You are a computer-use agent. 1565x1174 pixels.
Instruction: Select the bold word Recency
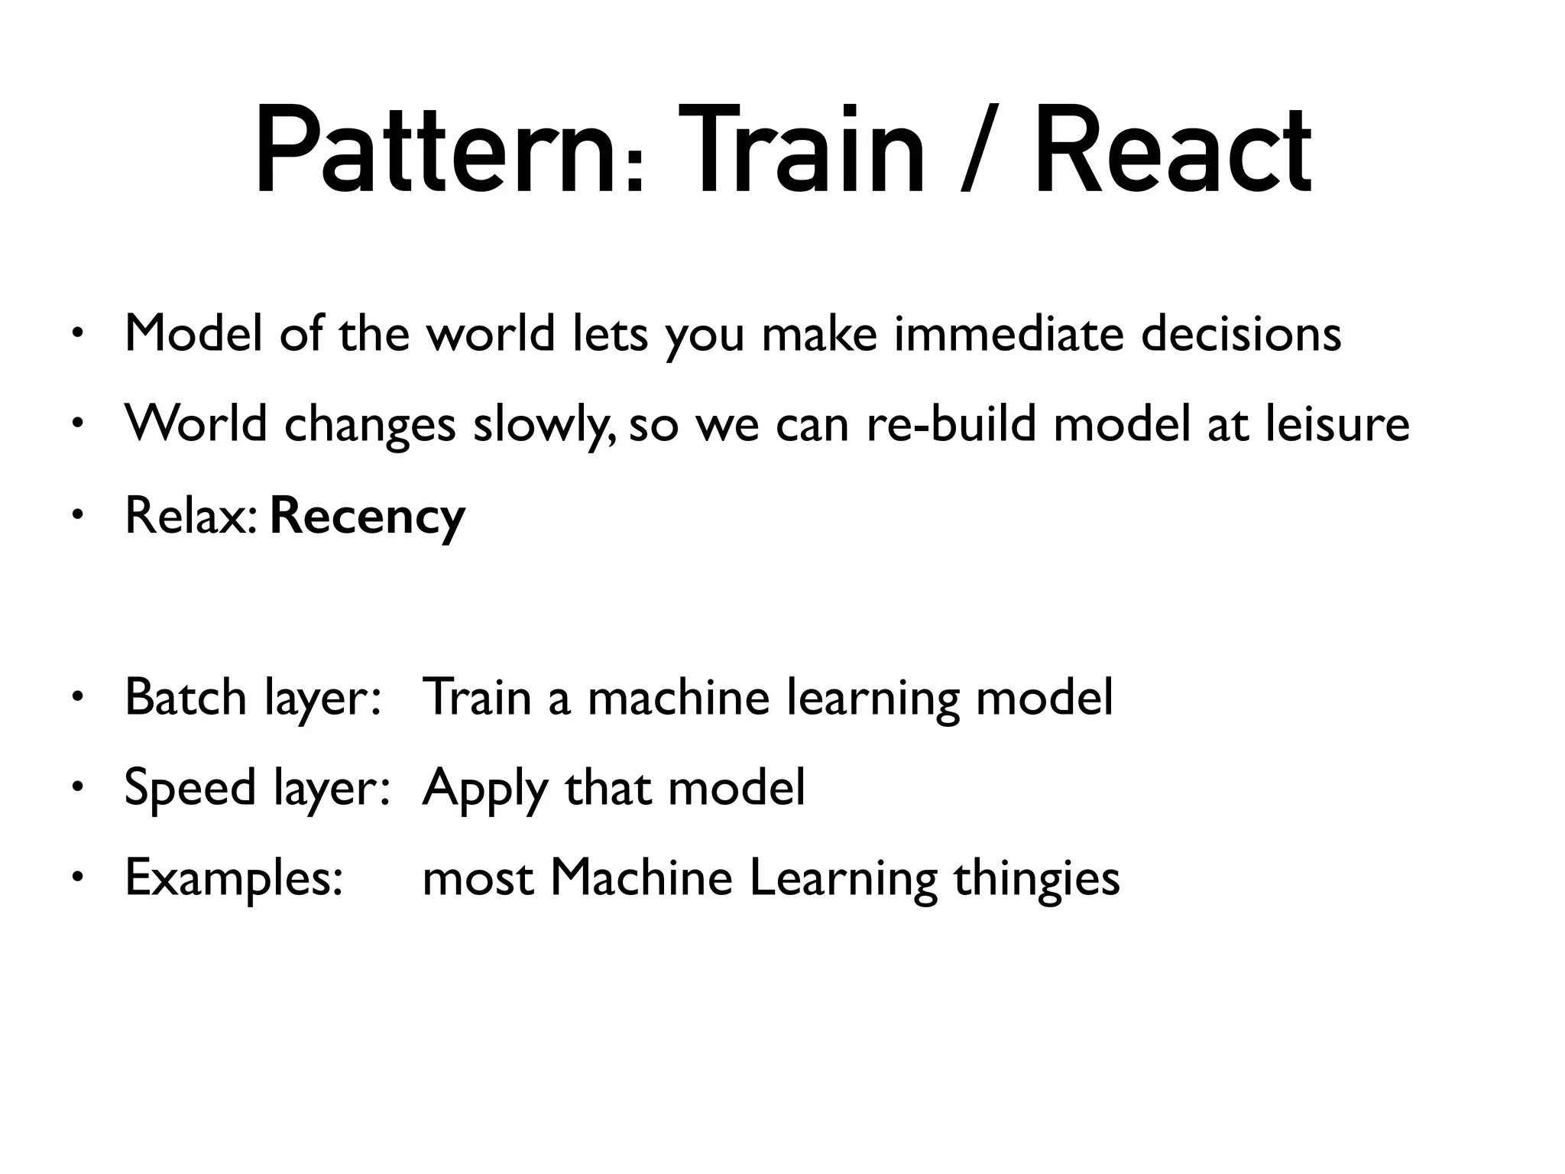(x=368, y=516)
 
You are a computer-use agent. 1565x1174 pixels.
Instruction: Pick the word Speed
(x=190, y=787)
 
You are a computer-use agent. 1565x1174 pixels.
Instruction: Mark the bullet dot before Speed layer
(x=77, y=787)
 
